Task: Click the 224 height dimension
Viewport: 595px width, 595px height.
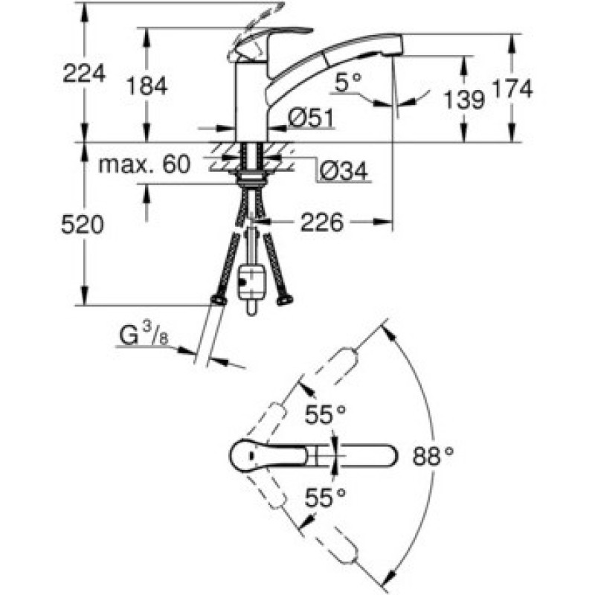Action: tap(83, 73)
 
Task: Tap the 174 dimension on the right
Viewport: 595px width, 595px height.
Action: tap(512, 89)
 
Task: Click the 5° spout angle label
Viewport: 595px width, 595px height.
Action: tap(347, 83)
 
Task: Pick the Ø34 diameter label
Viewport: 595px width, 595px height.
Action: tap(343, 172)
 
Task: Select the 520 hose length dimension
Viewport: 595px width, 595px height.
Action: tap(83, 225)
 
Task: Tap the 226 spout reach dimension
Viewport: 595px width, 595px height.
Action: tap(323, 222)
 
